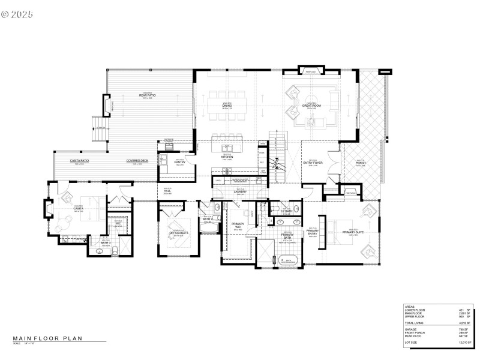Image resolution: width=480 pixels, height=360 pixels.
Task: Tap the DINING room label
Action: [227, 106]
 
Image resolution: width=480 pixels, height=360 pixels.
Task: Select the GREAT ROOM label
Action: [311, 106]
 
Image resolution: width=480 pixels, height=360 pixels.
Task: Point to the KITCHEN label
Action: [227, 157]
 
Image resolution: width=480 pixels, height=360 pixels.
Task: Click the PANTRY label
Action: [178, 162]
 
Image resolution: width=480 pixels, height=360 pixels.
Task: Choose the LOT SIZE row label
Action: [413, 343]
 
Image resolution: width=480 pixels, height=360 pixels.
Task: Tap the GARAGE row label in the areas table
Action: [411, 329]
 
